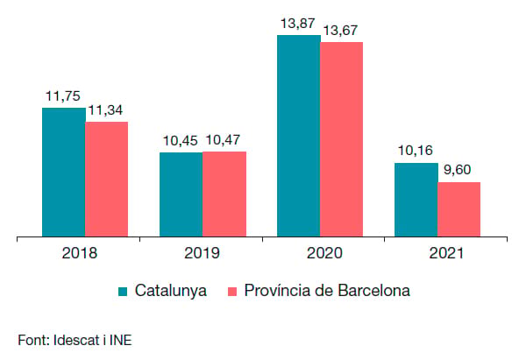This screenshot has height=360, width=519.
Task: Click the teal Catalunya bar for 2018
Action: pos(63,172)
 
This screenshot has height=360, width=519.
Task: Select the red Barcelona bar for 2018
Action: pos(107,179)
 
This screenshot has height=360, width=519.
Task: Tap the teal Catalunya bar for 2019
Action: pos(181,194)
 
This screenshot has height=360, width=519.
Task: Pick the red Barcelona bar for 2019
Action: pos(224,194)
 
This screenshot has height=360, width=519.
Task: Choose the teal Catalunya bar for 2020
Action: pos(299,136)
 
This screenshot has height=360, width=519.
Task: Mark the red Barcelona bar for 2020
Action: pos(342,139)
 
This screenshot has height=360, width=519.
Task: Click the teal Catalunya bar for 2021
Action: pos(416,200)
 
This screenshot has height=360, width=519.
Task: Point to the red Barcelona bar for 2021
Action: pos(459,209)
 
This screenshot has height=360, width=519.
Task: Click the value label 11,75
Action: pos(63,96)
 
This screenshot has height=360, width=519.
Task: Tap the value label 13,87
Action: pos(297,24)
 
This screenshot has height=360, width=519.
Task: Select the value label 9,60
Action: pos(457,170)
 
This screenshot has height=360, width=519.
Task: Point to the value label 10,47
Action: pos(223,140)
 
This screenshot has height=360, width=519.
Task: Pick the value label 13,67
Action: pos(340,31)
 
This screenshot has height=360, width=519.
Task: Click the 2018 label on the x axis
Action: pos(80,253)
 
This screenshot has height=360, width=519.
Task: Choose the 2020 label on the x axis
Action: pos(324,253)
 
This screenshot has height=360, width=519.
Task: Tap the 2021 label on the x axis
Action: pos(446,253)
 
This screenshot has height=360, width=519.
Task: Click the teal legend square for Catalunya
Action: pos(123,291)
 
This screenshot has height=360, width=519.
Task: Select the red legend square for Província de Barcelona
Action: pos(232,291)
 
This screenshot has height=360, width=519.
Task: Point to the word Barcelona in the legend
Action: pos(374,291)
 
